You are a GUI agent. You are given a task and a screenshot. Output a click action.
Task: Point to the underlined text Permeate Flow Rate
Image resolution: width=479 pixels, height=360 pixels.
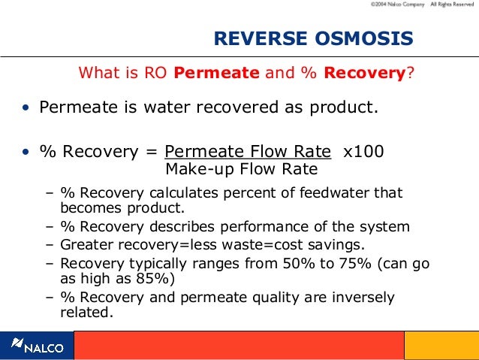coord(248,151)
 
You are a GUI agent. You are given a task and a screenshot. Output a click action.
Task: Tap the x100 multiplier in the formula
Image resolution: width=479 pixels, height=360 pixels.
coord(363,151)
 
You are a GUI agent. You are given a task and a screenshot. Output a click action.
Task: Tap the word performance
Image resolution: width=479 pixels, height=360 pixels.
coord(257,227)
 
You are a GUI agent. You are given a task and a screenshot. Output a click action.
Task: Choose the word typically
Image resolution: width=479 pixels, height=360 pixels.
coord(151,264)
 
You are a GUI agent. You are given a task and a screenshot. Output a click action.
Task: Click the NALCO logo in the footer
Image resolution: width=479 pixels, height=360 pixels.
coord(37,346)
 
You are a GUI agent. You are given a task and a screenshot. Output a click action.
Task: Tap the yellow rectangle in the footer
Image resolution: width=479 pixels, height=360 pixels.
coord(441,346)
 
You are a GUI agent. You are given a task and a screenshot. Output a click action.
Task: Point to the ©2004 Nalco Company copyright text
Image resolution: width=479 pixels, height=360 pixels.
coord(396,5)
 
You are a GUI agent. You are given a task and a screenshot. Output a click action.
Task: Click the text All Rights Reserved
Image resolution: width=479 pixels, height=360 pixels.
coord(452,5)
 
